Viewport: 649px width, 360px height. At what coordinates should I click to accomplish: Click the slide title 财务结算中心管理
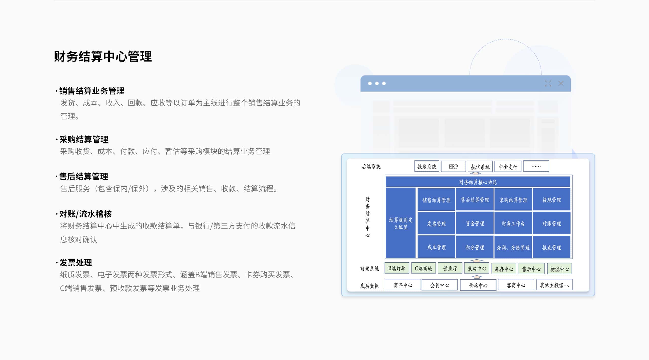[103, 56]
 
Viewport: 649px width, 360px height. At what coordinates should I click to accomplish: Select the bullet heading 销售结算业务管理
[92, 91]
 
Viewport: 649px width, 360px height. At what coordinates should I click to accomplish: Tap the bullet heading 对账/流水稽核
[85, 214]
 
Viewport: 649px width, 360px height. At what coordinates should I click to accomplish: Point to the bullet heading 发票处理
[76, 263]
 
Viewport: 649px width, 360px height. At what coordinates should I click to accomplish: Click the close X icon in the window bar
[561, 83]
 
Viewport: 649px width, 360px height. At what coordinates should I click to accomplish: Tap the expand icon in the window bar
[548, 83]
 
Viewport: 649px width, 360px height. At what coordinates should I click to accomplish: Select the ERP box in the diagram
[453, 166]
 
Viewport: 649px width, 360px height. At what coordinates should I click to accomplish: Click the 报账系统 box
[427, 166]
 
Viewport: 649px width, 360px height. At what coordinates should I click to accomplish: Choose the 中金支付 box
[508, 166]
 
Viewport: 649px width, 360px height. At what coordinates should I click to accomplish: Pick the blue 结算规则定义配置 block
[401, 223]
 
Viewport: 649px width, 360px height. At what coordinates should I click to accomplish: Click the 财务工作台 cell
[513, 223]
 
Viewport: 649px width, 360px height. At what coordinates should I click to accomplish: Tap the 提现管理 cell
[552, 200]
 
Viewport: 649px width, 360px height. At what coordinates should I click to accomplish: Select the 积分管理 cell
[475, 247]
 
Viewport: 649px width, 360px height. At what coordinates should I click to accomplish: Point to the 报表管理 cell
[552, 247]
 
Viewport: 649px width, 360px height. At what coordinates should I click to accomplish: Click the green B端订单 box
[397, 268]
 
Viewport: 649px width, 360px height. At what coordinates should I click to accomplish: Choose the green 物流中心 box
[560, 268]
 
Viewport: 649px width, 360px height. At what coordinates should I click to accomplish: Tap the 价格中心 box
[478, 285]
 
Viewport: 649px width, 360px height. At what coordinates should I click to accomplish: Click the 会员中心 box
[440, 285]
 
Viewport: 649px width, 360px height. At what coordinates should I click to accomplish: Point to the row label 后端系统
[371, 166]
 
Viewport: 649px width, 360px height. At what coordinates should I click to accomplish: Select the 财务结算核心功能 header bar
[478, 182]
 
